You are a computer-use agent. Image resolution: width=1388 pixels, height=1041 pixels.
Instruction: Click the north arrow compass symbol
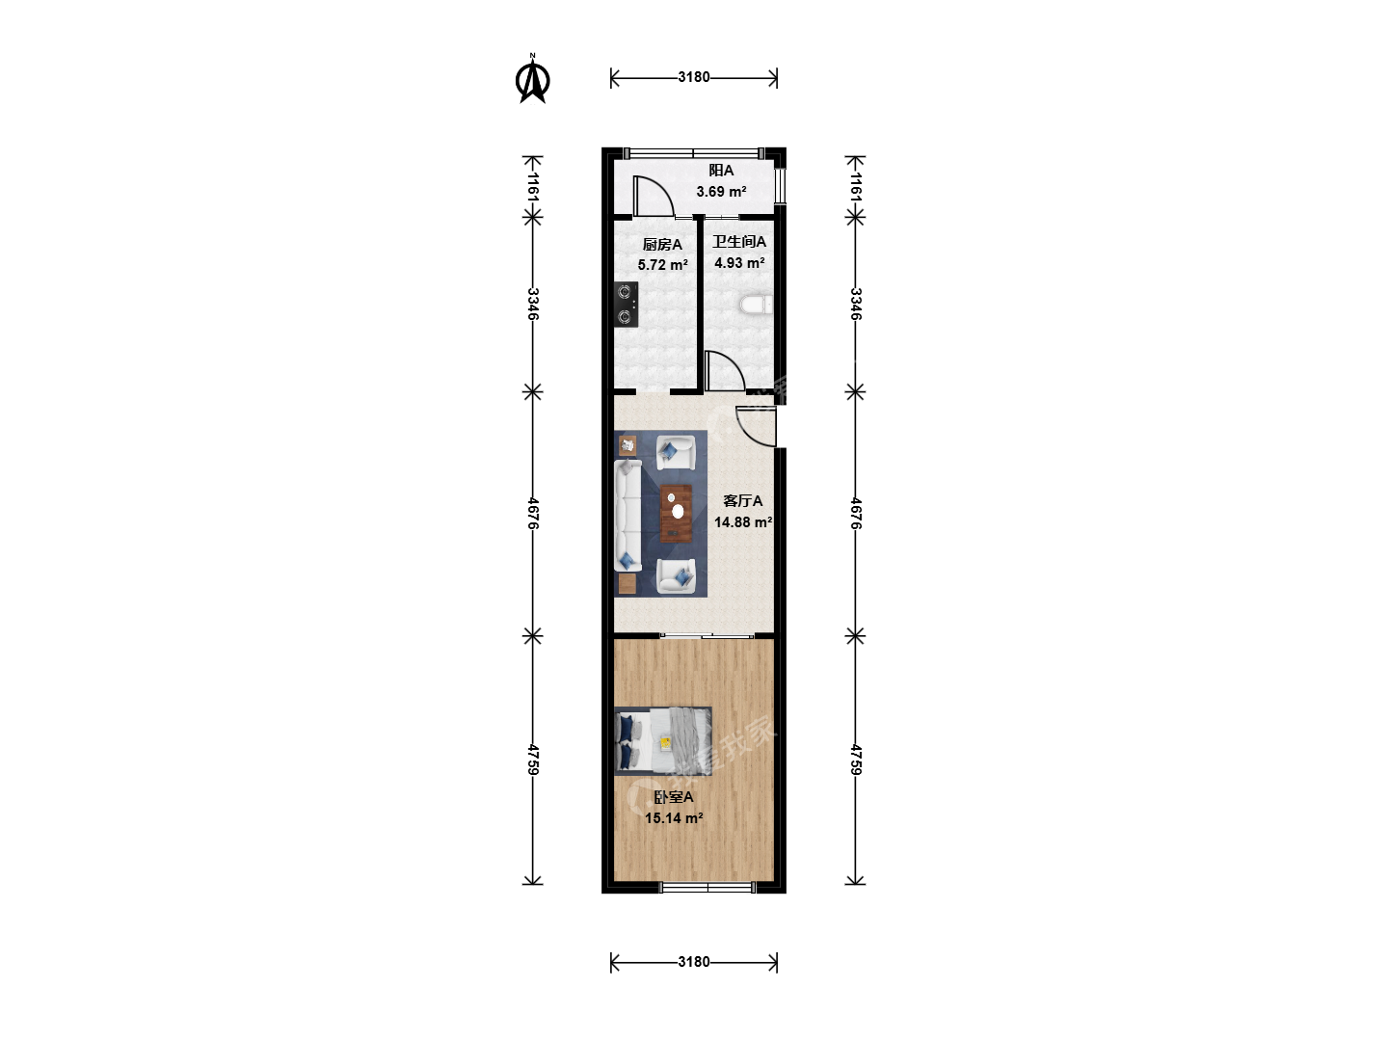[532, 80]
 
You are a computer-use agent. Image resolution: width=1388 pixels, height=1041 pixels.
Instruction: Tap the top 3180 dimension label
[694, 77]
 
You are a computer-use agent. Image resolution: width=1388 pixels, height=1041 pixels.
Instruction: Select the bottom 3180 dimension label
[694, 962]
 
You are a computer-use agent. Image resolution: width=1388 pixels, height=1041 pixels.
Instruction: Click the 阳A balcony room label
[721, 170]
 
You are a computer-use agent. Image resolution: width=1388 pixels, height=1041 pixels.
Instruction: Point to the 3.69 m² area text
[721, 192]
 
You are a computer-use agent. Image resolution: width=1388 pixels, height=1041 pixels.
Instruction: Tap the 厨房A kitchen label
[662, 245]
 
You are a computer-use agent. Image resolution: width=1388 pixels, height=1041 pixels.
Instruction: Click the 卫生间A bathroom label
[739, 241]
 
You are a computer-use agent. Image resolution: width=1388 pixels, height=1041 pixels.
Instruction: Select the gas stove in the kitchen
[626, 304]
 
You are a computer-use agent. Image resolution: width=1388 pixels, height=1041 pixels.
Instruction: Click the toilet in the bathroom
[757, 305]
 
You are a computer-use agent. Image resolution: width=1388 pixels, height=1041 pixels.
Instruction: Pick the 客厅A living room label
[742, 501]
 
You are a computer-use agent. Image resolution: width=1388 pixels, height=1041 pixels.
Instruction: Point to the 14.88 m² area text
[743, 522]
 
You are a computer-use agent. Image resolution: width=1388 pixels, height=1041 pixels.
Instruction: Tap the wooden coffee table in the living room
[676, 513]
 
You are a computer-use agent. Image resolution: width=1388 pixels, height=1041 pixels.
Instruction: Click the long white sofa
[627, 516]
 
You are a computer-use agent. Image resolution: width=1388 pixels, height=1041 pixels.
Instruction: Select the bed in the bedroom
[663, 741]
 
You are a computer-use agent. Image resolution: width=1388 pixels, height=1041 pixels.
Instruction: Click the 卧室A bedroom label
[674, 797]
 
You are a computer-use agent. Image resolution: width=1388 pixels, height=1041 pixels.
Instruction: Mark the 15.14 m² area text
[674, 818]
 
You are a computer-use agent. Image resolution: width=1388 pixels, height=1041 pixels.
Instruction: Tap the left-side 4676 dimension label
[533, 514]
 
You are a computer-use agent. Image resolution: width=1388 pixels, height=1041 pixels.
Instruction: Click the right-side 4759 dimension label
[856, 761]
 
